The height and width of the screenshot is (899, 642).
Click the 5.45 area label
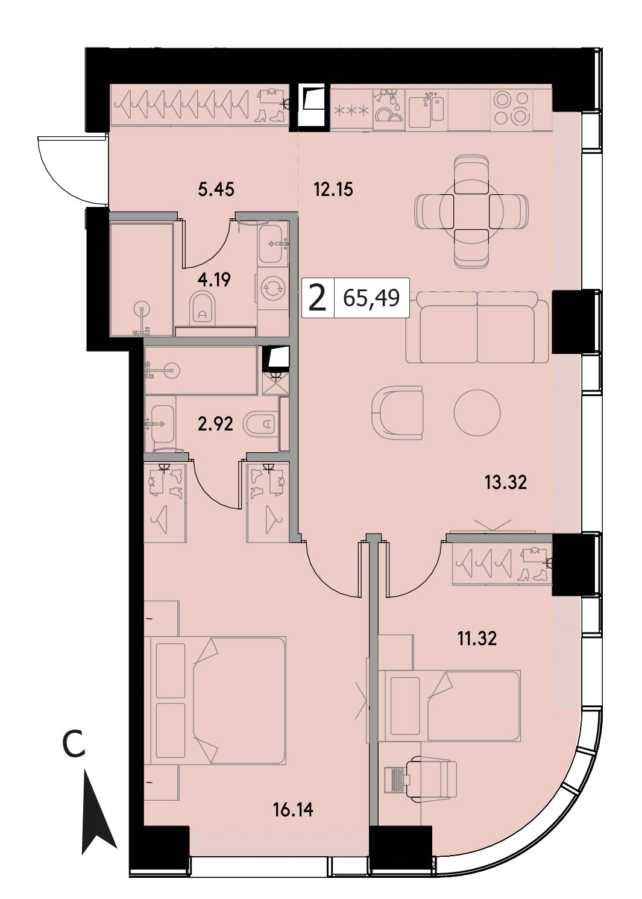216,189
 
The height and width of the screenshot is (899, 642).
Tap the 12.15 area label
333,189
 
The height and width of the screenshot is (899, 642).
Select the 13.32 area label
506,482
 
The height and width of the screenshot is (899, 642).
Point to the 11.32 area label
477,638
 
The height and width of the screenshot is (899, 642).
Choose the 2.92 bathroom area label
215,423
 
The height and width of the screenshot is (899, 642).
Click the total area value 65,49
371,298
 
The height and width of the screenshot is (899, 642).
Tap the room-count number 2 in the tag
318,298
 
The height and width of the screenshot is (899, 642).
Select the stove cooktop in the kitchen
511,109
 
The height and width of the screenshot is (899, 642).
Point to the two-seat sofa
477,327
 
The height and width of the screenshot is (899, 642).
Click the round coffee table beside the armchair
477,412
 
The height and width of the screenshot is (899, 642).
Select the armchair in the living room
398,412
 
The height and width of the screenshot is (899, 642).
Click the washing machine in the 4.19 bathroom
273,289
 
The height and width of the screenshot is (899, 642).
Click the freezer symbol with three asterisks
351,110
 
